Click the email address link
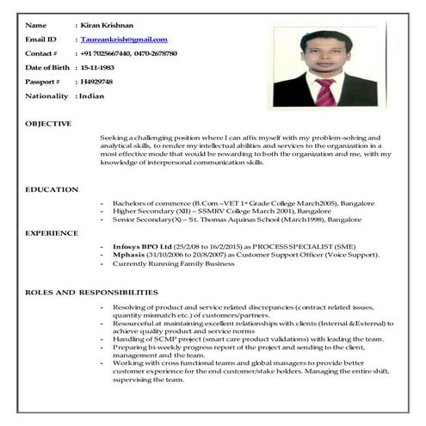(123, 40)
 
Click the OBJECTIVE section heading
(48, 124)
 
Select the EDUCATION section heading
(52, 189)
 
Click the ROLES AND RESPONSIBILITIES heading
(91, 293)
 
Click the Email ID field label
(41, 40)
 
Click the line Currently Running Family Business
(173, 263)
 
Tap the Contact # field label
(42, 53)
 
